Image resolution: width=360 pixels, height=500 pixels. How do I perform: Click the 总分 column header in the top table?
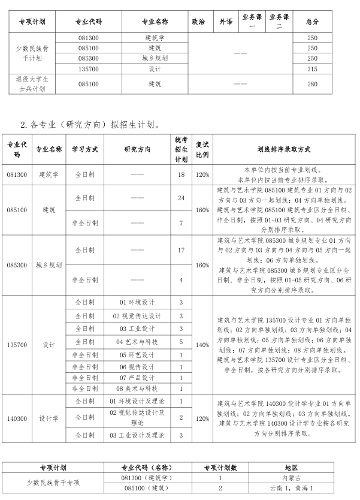point(312,22)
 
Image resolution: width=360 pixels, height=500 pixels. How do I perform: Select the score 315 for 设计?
point(312,69)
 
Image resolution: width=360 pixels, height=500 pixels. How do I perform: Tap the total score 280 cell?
point(312,84)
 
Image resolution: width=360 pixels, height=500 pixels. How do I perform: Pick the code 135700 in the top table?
point(89,69)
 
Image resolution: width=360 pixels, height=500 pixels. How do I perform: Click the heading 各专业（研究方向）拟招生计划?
point(90,125)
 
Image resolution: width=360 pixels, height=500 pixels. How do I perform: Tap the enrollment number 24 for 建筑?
point(181,198)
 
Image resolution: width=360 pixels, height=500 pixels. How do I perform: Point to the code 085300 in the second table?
point(17,264)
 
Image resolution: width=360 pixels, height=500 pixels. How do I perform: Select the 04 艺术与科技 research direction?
point(137,342)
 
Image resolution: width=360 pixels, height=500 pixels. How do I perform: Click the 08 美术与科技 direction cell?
point(137,388)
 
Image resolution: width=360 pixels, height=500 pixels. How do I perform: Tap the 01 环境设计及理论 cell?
point(137,400)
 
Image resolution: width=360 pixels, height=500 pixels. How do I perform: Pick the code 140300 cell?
point(17,418)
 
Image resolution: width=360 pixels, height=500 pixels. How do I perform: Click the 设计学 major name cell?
point(49,418)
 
